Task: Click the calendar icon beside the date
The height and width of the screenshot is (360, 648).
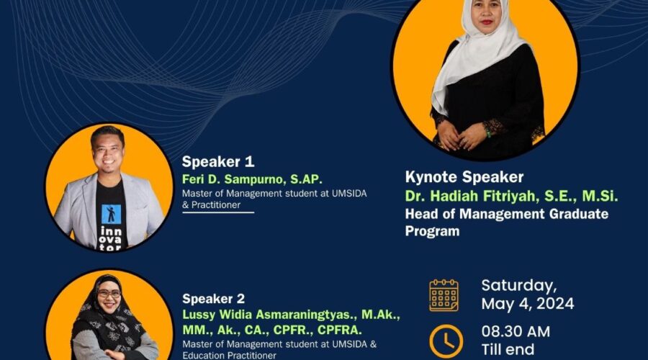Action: (x=444, y=295)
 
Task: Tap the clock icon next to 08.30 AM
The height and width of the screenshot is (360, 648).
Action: (x=446, y=341)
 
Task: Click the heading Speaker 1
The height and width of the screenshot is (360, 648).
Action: (x=217, y=161)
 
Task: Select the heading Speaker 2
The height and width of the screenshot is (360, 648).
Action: (x=213, y=299)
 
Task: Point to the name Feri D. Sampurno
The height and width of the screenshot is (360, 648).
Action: (x=233, y=179)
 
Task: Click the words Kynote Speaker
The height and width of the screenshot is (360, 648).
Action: (x=464, y=177)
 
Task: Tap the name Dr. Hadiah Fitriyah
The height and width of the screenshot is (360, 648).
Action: (x=472, y=196)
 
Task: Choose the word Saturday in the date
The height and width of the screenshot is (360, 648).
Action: (x=519, y=286)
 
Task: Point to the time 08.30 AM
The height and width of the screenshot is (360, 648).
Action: (x=516, y=332)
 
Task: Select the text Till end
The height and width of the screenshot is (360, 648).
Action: (x=508, y=350)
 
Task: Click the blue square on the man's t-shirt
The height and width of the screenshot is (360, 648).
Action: (x=111, y=215)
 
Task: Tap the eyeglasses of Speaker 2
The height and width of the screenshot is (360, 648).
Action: (x=109, y=294)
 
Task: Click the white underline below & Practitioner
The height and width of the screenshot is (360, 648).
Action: (x=218, y=212)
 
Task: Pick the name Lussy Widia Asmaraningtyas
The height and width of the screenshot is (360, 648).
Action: (x=269, y=315)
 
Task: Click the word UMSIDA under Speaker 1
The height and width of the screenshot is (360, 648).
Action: (x=349, y=194)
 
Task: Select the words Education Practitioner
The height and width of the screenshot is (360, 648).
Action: (x=230, y=356)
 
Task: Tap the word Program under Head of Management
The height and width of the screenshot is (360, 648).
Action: (x=432, y=231)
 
